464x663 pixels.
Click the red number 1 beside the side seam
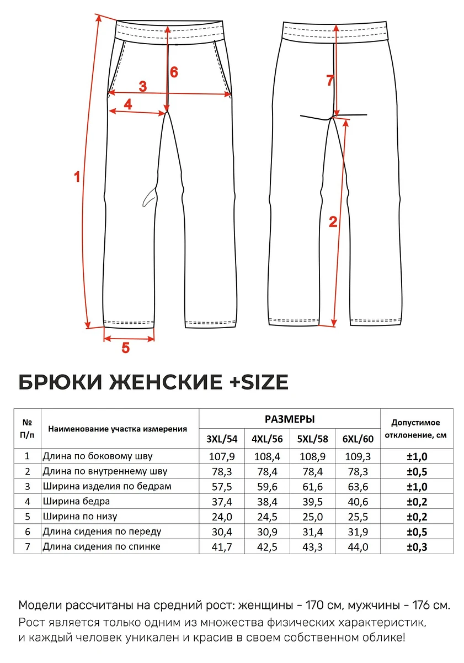[77, 177]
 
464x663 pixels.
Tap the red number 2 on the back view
[333, 222]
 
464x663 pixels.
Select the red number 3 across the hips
[142, 86]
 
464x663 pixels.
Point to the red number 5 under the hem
[125, 348]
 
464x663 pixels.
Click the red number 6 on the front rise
[174, 72]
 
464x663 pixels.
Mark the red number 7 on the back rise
[330, 81]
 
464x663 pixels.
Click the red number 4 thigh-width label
[128, 104]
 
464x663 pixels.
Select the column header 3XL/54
[221, 439]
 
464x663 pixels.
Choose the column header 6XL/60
[358, 439]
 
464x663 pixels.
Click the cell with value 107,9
[221, 456]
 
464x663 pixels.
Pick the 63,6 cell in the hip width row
[358, 486]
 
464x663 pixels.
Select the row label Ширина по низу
[80, 517]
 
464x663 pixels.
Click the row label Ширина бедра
[76, 502]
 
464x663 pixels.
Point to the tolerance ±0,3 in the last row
[417, 547]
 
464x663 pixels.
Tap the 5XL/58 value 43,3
[312, 547]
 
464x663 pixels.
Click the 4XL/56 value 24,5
[267, 517]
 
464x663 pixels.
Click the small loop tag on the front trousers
[148, 197]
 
